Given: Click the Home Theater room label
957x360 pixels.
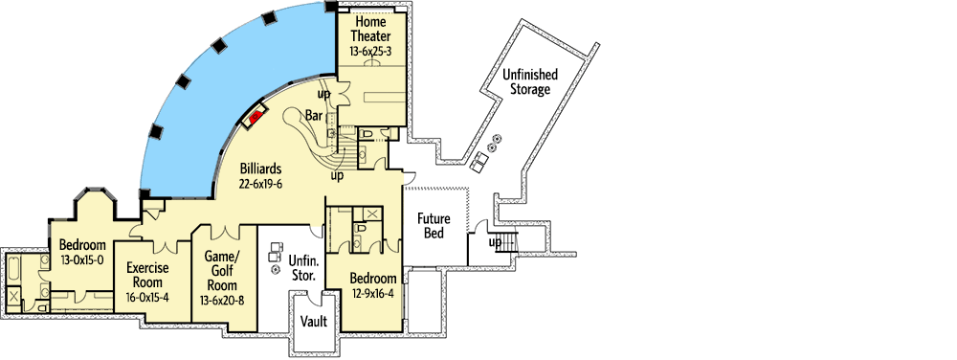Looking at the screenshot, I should click(371, 29).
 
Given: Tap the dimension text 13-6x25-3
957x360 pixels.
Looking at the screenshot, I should click(371, 52).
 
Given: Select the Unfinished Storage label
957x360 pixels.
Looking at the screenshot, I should click(526, 82).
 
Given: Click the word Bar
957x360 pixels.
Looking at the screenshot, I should click(314, 116).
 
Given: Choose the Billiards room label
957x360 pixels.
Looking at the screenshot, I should click(260, 169).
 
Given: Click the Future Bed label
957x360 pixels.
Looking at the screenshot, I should click(433, 226).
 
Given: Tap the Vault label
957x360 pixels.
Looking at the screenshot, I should click(314, 321).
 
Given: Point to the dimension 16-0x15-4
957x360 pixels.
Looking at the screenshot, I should click(146, 298).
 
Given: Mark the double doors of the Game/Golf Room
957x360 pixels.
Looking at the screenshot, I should click(225, 230).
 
